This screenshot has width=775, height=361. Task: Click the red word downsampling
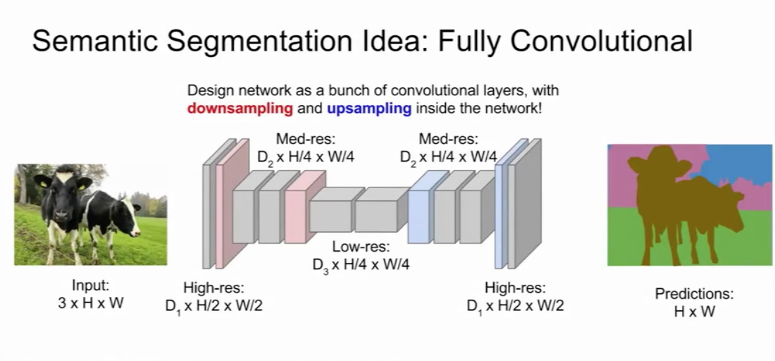pyautogui.click(x=240, y=109)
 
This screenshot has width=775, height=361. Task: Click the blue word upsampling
pyautogui.click(x=369, y=109)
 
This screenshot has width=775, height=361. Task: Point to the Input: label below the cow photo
pyautogui.click(x=91, y=286)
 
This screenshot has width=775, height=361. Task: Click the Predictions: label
pyautogui.click(x=694, y=294)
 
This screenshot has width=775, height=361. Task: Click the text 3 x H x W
pyautogui.click(x=91, y=304)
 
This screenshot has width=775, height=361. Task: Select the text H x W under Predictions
pyautogui.click(x=694, y=312)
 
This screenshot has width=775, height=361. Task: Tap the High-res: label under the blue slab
pyautogui.click(x=515, y=288)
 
